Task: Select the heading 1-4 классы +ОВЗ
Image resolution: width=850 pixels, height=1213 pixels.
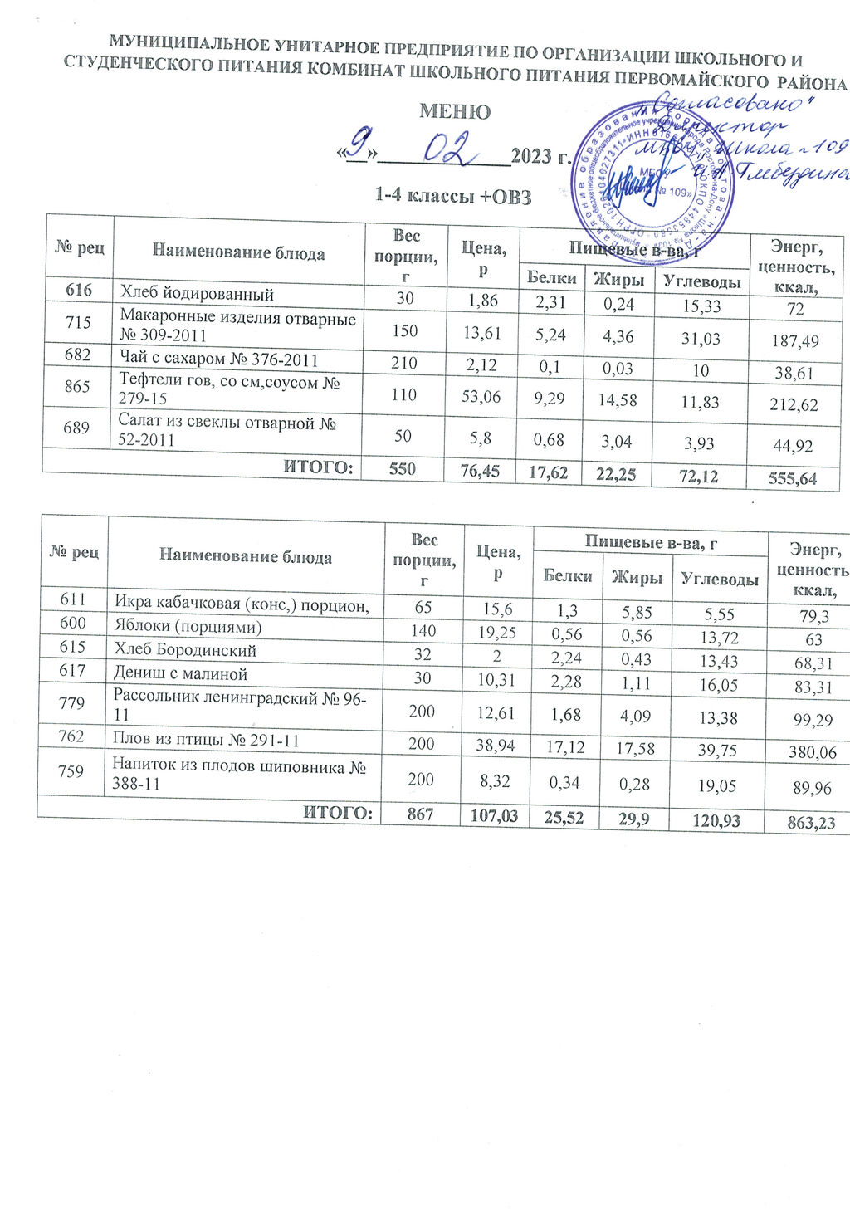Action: [x=452, y=196]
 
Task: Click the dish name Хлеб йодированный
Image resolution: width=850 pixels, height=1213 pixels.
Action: [x=197, y=293]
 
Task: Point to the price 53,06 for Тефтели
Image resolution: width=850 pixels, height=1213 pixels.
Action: [x=481, y=396]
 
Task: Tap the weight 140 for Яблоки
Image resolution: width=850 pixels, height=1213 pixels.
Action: [x=423, y=631]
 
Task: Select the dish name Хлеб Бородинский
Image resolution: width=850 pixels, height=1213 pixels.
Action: [x=185, y=650]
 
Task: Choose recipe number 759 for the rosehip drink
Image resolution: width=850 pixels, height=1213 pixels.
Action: [x=71, y=771]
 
